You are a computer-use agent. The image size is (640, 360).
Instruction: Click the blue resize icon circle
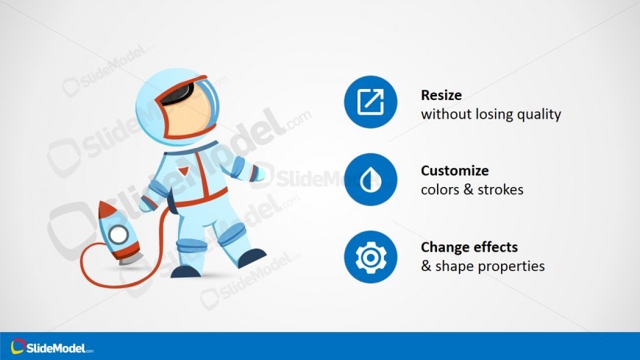click(371, 102)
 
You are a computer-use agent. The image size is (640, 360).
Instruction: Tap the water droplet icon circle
click(371, 180)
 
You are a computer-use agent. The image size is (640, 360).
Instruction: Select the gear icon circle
click(371, 257)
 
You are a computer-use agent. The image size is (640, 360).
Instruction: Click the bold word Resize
click(441, 95)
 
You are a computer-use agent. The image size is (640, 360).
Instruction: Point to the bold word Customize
click(455, 170)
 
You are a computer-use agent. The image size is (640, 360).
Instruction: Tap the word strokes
click(500, 190)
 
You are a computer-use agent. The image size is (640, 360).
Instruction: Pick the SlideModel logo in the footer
click(51, 347)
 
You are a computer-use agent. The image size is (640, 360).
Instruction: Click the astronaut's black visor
click(178, 94)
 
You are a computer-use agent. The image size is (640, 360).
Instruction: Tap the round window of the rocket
click(118, 235)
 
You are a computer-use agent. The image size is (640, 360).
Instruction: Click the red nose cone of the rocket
click(106, 209)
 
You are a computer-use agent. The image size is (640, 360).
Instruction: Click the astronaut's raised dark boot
click(251, 258)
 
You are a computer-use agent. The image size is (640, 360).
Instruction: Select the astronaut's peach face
click(189, 113)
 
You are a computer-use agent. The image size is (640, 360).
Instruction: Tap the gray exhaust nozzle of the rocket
click(131, 259)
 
